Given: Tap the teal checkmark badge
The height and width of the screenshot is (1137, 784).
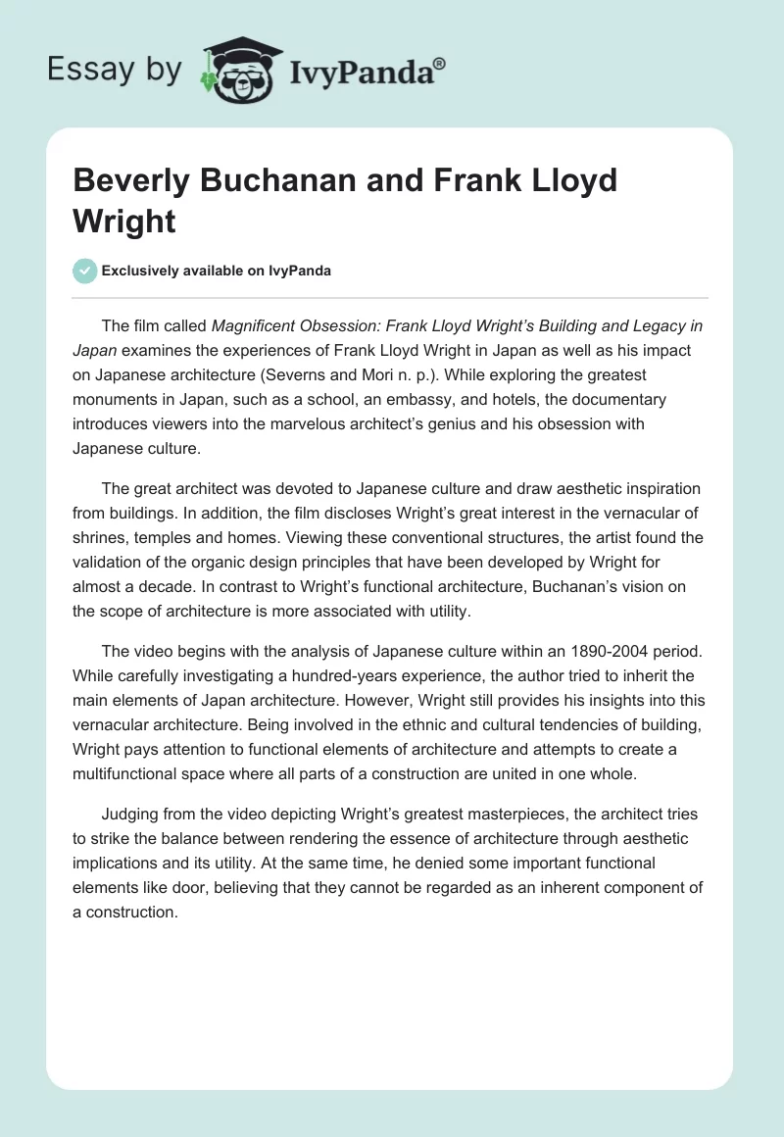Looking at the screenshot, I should coord(85,271).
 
